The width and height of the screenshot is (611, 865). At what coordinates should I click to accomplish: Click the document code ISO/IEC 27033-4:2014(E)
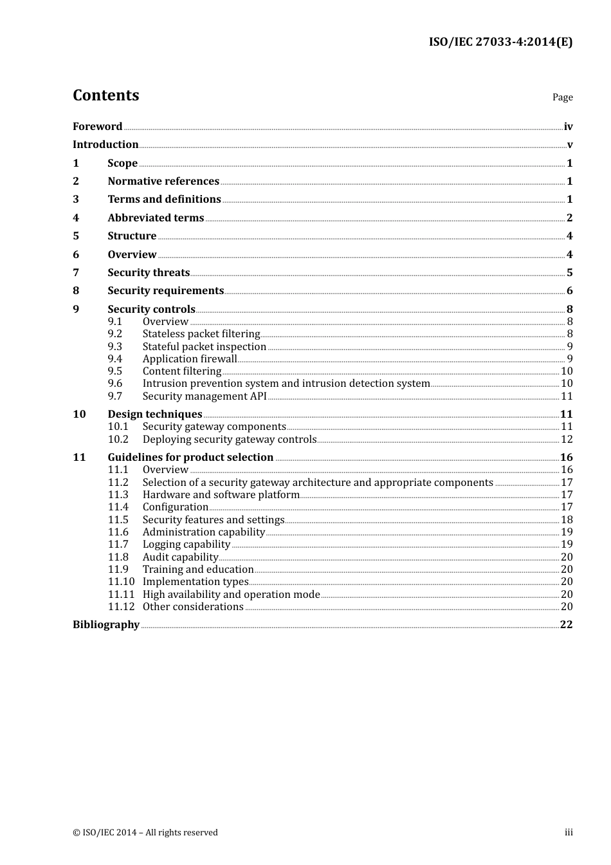(x=500, y=42)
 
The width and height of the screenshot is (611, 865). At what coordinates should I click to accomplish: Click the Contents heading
(x=105, y=95)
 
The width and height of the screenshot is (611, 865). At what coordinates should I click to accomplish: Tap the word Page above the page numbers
(x=562, y=97)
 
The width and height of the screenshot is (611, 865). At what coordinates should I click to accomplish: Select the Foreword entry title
(x=97, y=126)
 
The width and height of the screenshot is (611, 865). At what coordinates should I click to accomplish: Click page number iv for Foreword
(x=568, y=127)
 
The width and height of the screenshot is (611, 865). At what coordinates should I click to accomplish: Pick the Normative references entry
(x=163, y=181)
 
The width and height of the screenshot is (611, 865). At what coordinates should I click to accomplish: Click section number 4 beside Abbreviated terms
(x=76, y=218)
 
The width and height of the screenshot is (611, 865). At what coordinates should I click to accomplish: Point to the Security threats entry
(x=149, y=273)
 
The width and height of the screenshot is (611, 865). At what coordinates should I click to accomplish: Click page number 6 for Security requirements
(x=569, y=291)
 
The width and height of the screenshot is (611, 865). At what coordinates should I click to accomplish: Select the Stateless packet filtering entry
(x=201, y=334)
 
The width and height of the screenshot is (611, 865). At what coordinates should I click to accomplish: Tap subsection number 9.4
(x=115, y=359)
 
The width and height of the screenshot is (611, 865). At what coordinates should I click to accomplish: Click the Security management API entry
(x=205, y=396)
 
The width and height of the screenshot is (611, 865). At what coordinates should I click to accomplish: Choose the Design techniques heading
(x=155, y=414)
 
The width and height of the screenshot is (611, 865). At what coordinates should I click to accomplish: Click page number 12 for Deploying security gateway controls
(x=567, y=440)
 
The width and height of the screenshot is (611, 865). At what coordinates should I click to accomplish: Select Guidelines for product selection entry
(x=190, y=458)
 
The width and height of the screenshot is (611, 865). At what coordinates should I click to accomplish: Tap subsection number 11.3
(x=118, y=495)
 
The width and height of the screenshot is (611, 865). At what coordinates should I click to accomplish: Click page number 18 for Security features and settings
(x=567, y=520)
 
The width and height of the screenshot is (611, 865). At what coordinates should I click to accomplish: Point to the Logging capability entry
(x=187, y=544)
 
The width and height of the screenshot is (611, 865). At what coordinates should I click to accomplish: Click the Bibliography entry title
(x=106, y=625)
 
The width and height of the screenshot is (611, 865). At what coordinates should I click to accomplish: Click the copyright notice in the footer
(x=145, y=832)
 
